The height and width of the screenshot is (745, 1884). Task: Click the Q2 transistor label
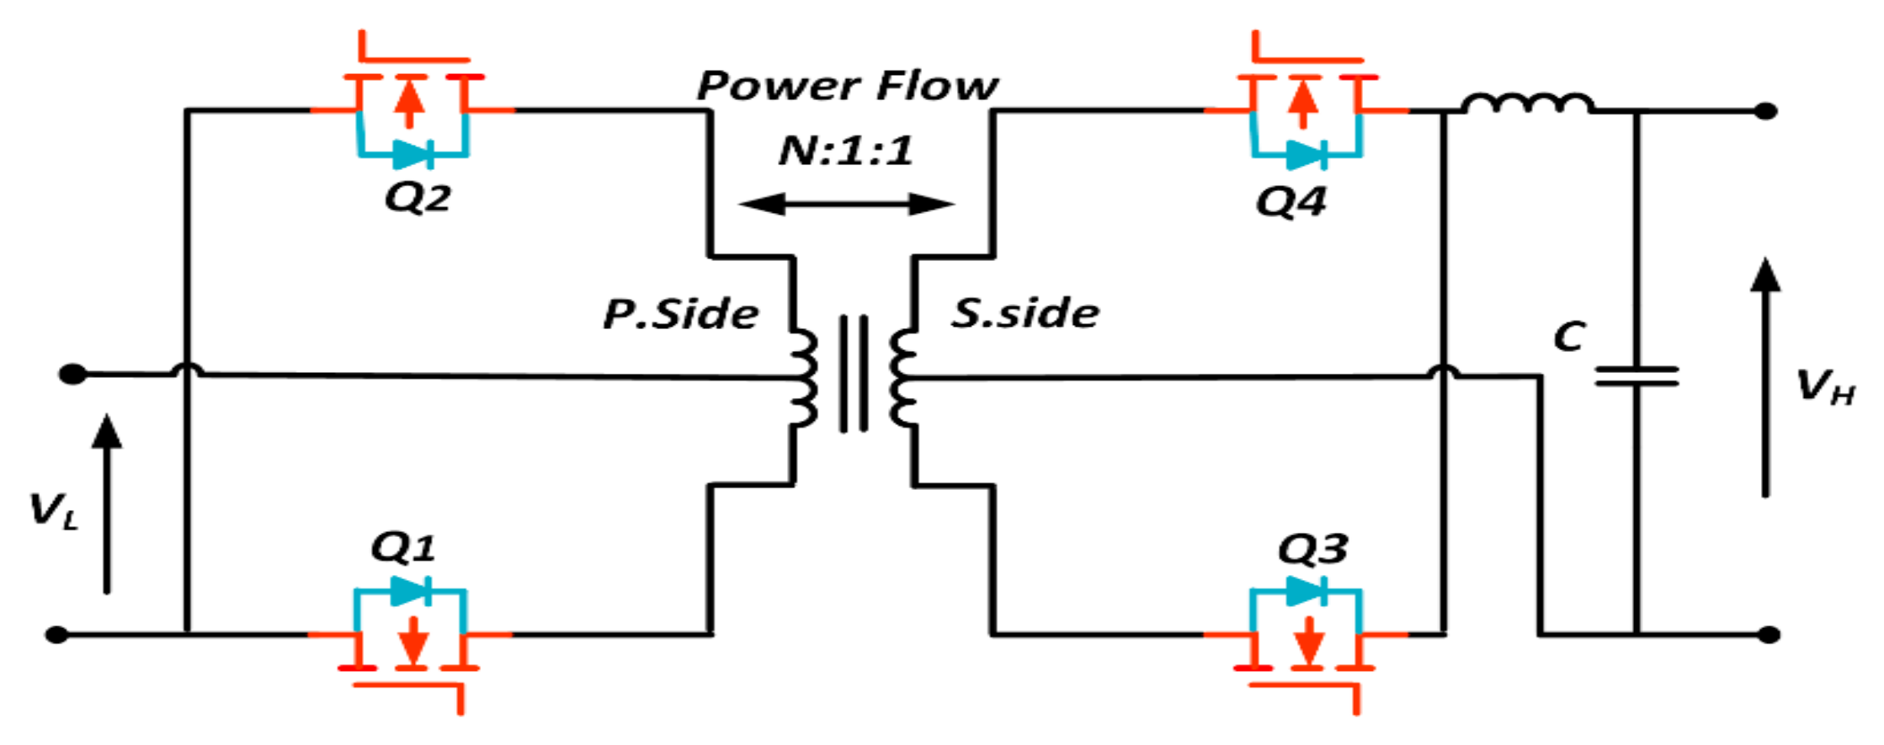(418, 198)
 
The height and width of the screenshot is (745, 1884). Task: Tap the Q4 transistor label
(1291, 202)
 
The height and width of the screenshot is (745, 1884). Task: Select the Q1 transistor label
(403, 548)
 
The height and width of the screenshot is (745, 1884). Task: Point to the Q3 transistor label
(1312, 550)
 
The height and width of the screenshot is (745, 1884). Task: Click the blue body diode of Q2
(413, 155)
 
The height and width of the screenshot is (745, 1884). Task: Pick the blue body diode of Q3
(1307, 592)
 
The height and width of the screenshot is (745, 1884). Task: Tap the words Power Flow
(847, 86)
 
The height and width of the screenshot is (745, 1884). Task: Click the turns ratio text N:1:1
(845, 152)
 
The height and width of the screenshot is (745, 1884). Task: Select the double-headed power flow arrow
(846, 204)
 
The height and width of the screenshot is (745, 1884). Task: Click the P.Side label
(680, 314)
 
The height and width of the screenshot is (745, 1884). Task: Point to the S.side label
(1024, 313)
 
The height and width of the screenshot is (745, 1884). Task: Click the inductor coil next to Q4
(1526, 104)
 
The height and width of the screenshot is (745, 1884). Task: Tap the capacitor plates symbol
(1637, 376)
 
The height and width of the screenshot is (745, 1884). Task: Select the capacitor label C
(1569, 337)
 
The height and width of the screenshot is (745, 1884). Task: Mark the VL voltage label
(53, 511)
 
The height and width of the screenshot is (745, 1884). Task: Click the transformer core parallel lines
(854, 374)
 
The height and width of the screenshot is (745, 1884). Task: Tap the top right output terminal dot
(1765, 111)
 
